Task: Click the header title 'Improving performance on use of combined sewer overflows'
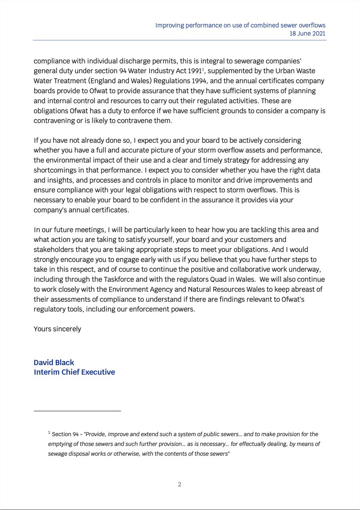click(x=241, y=25)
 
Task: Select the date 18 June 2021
click(x=306, y=34)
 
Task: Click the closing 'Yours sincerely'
click(x=57, y=329)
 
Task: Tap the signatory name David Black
click(x=54, y=363)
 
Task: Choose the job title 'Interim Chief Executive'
click(x=74, y=372)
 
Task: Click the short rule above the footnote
click(x=77, y=411)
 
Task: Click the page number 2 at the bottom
click(x=180, y=484)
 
